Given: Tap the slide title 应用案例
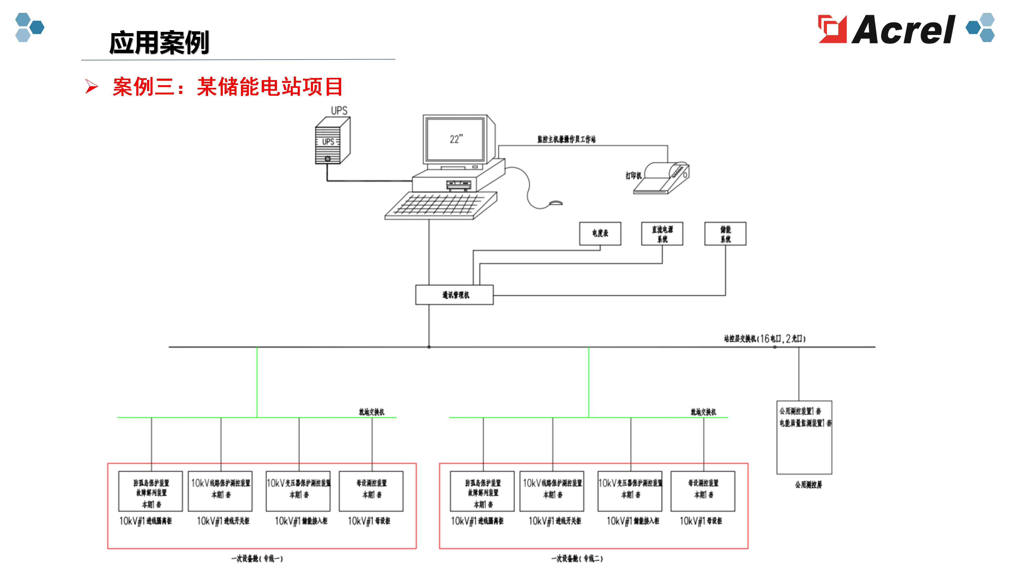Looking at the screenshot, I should (159, 42).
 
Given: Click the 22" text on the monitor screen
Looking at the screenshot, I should (456, 139).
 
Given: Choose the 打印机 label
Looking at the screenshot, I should (633, 176).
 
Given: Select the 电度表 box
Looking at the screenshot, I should (600, 234).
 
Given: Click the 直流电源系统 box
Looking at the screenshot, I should (662, 234).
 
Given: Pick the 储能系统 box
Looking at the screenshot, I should (725, 234).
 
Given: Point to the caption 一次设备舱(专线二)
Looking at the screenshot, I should (577, 558).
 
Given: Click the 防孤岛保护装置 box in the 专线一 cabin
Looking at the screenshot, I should (151, 491).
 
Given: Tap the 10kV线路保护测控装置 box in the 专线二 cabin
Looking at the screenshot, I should (552, 491).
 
